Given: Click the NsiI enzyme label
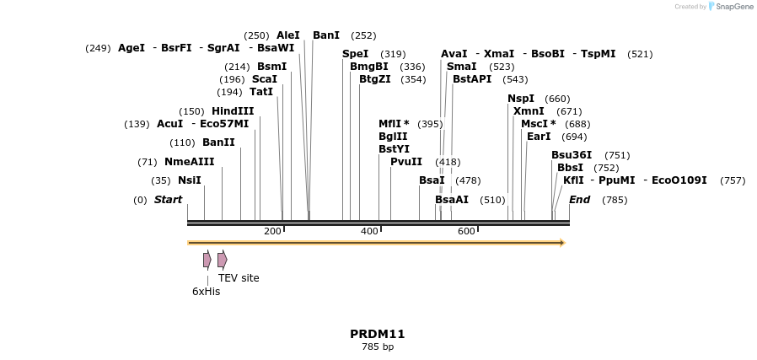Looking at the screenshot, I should click(x=189, y=180).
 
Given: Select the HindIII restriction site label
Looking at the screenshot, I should click(x=232, y=111).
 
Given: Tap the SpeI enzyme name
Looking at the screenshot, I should click(x=355, y=54).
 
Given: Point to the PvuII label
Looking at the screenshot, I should click(x=405, y=162).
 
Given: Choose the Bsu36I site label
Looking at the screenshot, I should click(x=572, y=155).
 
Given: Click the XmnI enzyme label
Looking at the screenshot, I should click(x=529, y=111).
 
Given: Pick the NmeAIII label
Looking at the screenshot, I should click(x=189, y=162).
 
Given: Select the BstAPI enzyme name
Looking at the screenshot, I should click(x=471, y=79).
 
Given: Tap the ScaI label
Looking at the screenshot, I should click(x=264, y=79).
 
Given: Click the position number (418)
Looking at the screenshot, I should click(x=448, y=162).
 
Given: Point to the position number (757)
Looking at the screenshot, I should click(x=733, y=180).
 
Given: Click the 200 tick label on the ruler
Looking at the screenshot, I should click(x=272, y=231).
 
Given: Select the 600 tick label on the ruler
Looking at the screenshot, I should click(x=466, y=231).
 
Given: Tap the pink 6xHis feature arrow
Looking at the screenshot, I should click(x=207, y=260).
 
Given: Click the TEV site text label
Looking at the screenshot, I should click(x=239, y=278).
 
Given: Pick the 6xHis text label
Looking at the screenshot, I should click(x=206, y=292).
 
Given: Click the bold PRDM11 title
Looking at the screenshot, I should click(x=378, y=334).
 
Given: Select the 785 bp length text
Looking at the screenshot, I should click(x=378, y=347).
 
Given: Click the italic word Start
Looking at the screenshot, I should click(x=168, y=200).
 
